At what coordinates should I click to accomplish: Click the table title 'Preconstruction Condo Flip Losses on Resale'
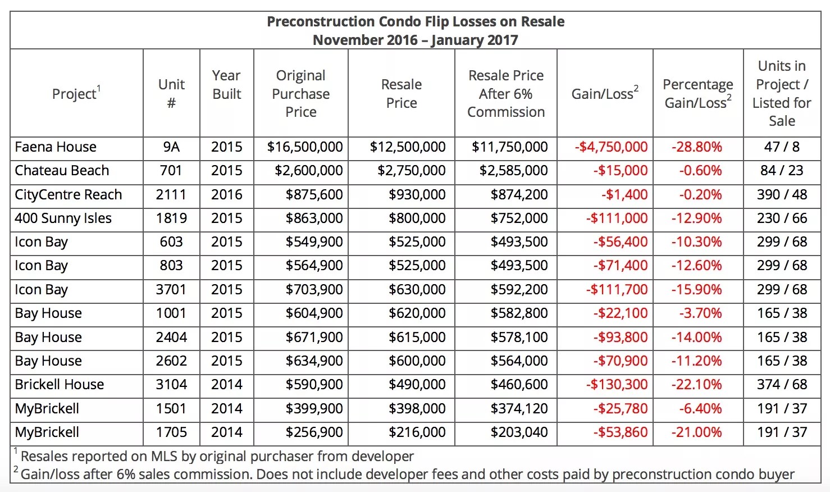[416, 22]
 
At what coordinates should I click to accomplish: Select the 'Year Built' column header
[227, 85]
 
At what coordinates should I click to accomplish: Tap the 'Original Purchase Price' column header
[301, 94]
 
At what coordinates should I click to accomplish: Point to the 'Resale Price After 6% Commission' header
[506, 94]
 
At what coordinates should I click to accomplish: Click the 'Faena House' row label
[56, 147]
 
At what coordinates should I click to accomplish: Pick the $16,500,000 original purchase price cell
[305, 147]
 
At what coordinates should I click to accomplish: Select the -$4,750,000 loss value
[611, 147]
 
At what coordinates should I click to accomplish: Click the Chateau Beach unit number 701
[171, 171]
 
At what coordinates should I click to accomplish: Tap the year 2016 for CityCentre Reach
[227, 195]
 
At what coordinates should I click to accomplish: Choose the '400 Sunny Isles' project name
[63, 218]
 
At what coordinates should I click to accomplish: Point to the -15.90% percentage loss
[697, 290]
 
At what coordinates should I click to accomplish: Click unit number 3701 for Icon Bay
[171, 290]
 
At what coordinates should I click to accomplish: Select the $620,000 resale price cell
[417, 313]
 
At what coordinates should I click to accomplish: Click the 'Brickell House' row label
[60, 385]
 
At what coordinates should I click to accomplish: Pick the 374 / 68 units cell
[782, 385]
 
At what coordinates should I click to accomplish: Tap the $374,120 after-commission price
[519, 409]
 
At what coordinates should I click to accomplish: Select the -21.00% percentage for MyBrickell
[697, 432]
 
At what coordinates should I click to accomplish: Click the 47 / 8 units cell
[782, 147]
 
